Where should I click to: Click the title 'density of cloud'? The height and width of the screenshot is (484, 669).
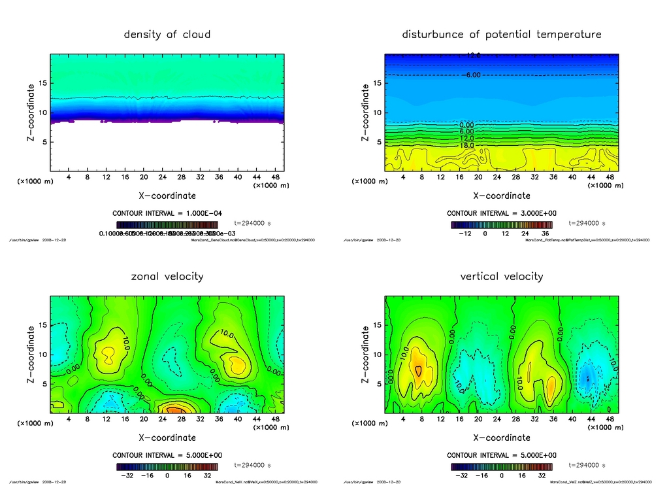click(167, 34)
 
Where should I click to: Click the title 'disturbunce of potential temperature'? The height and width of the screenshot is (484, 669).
click(501, 34)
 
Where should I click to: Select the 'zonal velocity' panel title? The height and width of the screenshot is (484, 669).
click(167, 276)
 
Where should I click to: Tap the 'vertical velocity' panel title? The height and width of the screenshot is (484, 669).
click(501, 276)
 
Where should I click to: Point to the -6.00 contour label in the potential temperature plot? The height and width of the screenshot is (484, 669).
click(472, 75)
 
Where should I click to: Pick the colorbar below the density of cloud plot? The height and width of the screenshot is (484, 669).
click(167, 224)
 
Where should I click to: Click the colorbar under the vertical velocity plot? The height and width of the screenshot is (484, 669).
click(501, 467)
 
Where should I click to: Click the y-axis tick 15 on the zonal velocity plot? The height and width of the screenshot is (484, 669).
click(44, 325)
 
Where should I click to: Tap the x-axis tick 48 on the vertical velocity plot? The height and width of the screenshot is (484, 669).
click(610, 419)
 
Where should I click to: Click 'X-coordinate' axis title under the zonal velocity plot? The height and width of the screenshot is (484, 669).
click(167, 438)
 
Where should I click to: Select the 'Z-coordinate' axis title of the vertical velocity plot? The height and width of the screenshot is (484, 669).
click(365, 354)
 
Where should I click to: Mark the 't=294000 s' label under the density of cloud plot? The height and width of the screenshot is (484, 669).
click(252, 223)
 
